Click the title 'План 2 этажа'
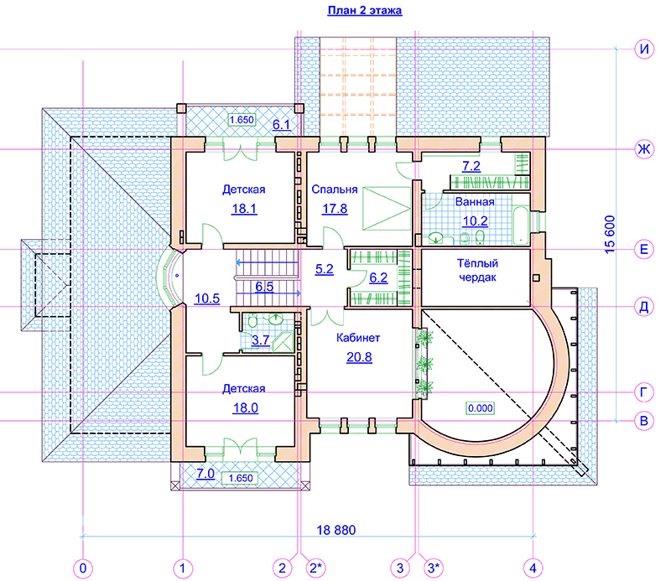click(365, 10)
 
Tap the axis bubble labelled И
click(644, 49)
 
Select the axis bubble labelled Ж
click(644, 149)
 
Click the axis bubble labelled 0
click(83, 568)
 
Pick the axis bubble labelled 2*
click(316, 568)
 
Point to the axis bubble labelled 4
click(533, 568)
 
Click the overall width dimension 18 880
click(336, 530)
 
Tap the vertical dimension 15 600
click(610, 235)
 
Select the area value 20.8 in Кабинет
click(359, 357)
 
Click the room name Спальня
click(334, 189)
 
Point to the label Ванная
click(475, 202)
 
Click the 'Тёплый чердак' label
click(477, 271)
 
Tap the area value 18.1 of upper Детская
click(244, 209)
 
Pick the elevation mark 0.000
click(480, 408)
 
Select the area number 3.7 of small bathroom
click(261, 340)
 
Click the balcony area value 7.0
click(205, 474)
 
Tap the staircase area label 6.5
click(264, 287)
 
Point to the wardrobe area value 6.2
click(378, 278)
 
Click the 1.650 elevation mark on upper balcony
click(242, 120)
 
